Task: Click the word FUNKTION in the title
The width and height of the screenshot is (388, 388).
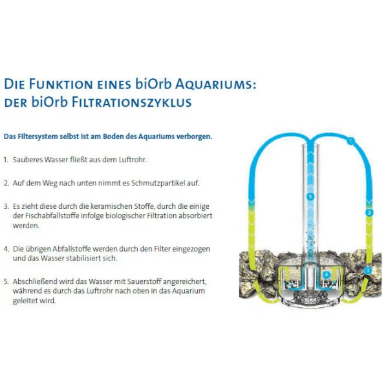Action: click(61, 84)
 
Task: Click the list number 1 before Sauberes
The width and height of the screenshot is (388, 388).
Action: click(6, 160)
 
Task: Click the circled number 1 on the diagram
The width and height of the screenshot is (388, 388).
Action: click(350, 141)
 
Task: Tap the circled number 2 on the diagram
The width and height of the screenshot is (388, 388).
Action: click(369, 213)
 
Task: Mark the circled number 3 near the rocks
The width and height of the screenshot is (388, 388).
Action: click(368, 270)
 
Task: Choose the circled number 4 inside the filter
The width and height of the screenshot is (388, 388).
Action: click(327, 275)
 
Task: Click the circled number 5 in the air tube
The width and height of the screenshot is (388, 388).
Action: click(310, 197)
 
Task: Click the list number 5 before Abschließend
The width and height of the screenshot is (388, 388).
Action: click(6, 282)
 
